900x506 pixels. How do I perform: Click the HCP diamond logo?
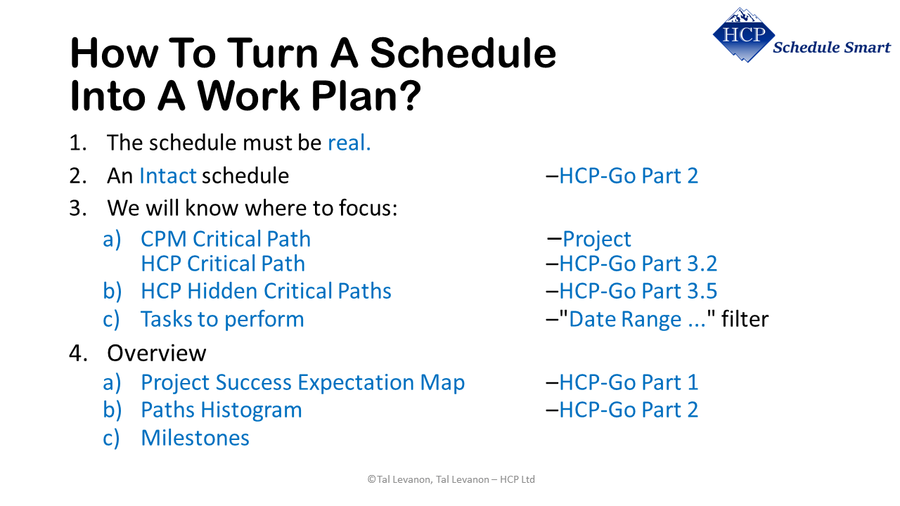(743, 34)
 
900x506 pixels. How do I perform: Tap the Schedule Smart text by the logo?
(831, 48)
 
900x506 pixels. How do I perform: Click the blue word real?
(349, 143)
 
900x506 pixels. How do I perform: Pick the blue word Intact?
(167, 176)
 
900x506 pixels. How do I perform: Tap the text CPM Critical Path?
(225, 239)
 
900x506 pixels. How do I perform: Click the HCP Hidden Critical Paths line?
(266, 291)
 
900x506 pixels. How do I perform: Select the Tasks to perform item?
(222, 319)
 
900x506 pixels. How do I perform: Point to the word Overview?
(156, 353)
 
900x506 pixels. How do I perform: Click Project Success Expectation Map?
(302, 382)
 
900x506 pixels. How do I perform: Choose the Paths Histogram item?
(221, 410)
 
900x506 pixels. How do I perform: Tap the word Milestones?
(195, 438)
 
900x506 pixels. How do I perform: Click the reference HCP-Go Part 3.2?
(637, 264)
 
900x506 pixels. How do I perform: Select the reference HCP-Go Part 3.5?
(637, 291)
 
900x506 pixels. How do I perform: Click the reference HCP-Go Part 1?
(628, 382)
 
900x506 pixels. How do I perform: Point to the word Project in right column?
(596, 239)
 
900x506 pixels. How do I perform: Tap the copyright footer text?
(451, 479)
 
